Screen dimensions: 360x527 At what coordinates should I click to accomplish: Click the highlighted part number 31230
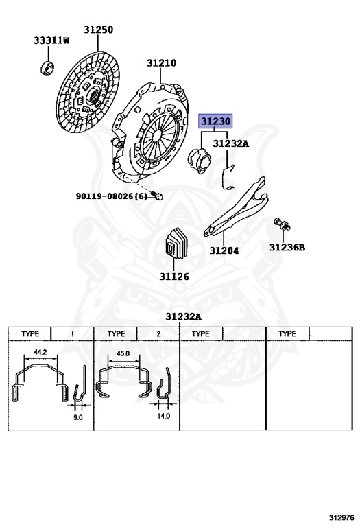tap(215, 121)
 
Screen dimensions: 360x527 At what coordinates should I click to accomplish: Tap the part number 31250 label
tap(98, 30)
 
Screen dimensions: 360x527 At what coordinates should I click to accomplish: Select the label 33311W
tap(51, 40)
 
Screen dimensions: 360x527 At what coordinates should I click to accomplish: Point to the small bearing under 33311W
tap(47, 68)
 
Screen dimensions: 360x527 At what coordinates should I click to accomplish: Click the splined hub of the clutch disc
tap(95, 95)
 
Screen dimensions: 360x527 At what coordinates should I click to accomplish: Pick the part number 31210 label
tap(162, 63)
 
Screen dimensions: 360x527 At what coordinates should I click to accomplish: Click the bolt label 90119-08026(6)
tap(112, 196)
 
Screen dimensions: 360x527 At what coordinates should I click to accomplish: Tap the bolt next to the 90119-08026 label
tap(157, 196)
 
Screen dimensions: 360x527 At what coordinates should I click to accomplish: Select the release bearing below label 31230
tap(199, 161)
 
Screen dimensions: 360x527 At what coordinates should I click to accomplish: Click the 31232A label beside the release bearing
tap(231, 144)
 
